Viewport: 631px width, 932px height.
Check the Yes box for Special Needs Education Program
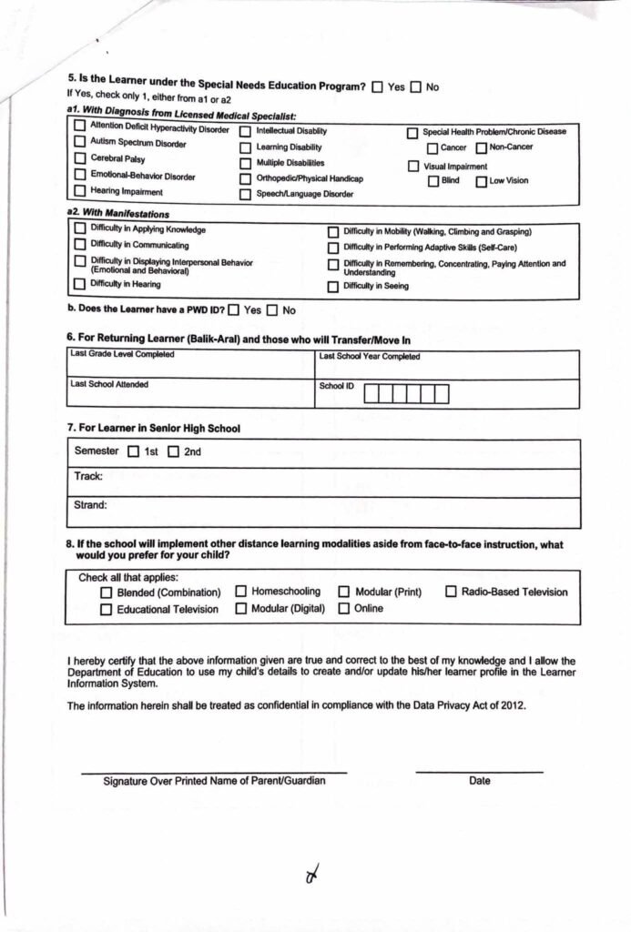pyautogui.click(x=377, y=87)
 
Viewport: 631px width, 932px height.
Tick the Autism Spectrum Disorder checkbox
pyautogui.click(x=80, y=142)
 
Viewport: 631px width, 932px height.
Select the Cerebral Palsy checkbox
pyautogui.click(x=80, y=158)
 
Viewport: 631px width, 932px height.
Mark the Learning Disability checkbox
pyautogui.click(x=246, y=147)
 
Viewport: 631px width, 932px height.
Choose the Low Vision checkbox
pyautogui.click(x=481, y=181)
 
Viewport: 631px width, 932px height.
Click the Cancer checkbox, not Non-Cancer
pyautogui.click(x=433, y=148)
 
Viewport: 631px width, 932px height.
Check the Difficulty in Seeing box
pyautogui.click(x=333, y=287)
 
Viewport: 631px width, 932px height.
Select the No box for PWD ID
pyautogui.click(x=271, y=310)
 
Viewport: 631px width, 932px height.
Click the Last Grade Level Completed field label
pyautogui.click(x=122, y=354)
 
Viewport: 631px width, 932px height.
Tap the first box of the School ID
pyautogui.click(x=371, y=394)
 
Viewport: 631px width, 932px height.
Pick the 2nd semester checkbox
pyautogui.click(x=173, y=451)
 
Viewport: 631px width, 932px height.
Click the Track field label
pyautogui.click(x=88, y=476)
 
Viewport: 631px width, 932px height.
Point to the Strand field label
pyautogui.click(x=91, y=504)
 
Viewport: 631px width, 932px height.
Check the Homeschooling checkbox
pyautogui.click(x=241, y=592)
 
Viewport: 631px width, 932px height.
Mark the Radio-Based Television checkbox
pyautogui.click(x=452, y=592)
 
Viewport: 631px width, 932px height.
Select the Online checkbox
pyautogui.click(x=344, y=609)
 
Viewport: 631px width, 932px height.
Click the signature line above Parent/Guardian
pyautogui.click(x=214, y=772)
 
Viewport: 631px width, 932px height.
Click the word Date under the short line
pyautogui.click(x=480, y=781)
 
